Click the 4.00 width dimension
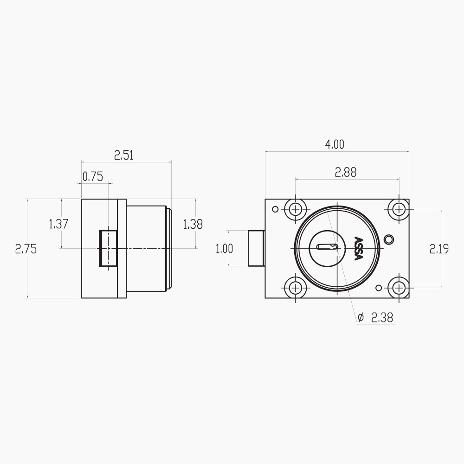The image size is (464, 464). click(x=335, y=144)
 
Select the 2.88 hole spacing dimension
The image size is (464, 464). click(x=345, y=172)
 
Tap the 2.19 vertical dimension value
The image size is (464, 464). click(x=439, y=249)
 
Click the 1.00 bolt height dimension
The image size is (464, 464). click(x=224, y=249)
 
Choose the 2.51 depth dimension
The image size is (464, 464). click(x=124, y=155)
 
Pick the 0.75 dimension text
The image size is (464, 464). click(x=93, y=177)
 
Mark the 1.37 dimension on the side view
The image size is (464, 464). click(x=58, y=224)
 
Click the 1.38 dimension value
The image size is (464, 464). click(x=193, y=225)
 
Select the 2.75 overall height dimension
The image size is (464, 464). click(x=26, y=249)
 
